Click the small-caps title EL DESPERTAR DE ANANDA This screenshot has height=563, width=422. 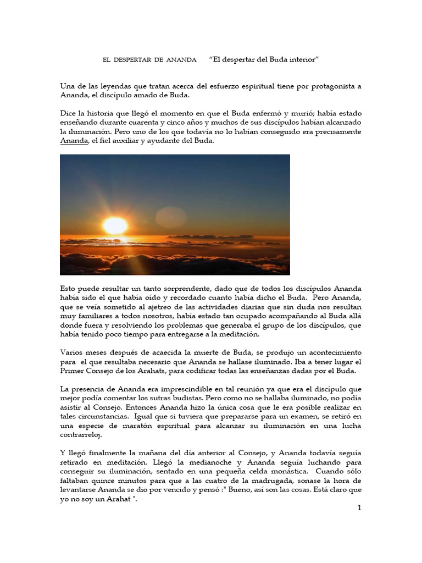tap(150, 59)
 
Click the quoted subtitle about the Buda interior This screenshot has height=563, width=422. tap(265, 59)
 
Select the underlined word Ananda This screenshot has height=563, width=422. tap(74, 141)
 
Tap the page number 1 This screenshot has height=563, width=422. tap(359, 507)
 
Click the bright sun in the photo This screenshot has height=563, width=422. tap(115, 225)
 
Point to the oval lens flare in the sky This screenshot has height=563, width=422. tap(171, 217)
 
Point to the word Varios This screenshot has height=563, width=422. tap(73, 352)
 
